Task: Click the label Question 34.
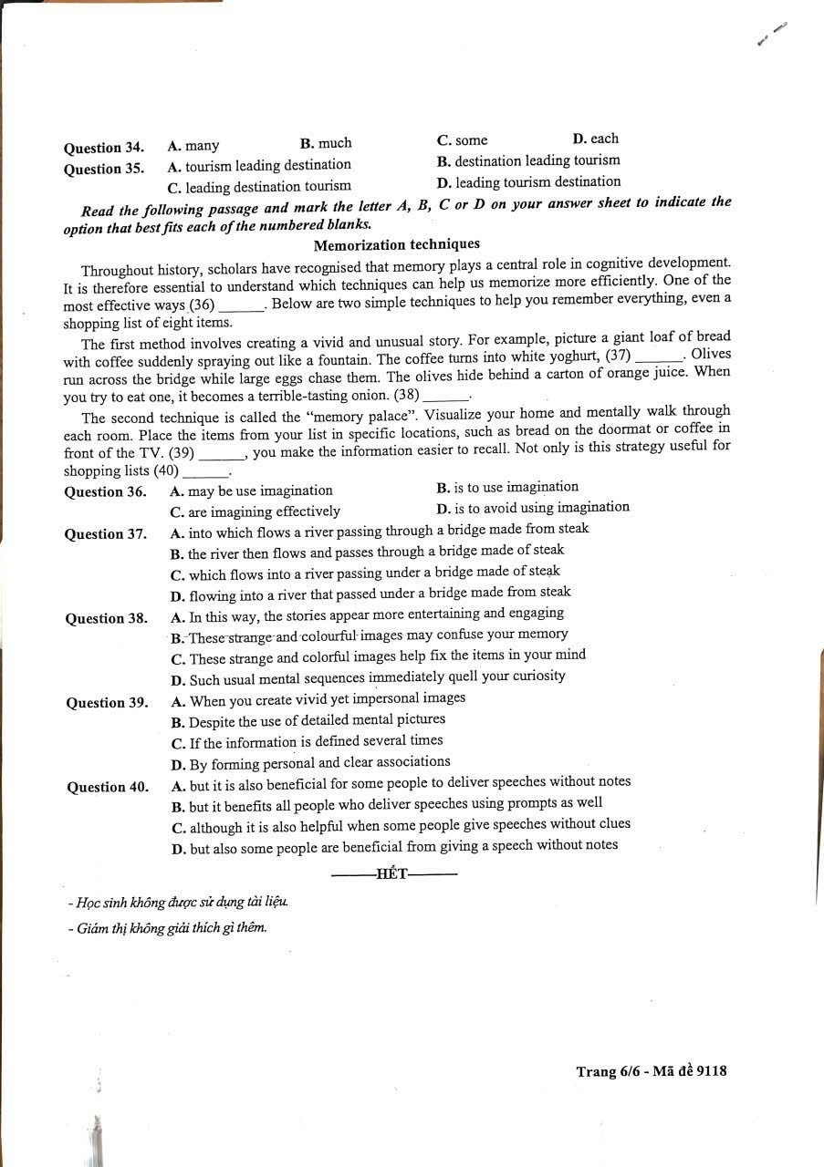pos(103,148)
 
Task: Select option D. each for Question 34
pos(595,139)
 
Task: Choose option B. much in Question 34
pos(325,143)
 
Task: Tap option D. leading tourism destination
pos(528,182)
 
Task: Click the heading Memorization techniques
pos(396,244)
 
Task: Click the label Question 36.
pos(105,492)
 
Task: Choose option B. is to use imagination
pos(507,487)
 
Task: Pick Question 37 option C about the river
pos(365,572)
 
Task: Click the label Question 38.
pos(106,619)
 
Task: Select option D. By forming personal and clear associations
pos(310,762)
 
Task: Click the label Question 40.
pos(108,788)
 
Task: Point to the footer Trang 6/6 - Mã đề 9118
pos(651,1071)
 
